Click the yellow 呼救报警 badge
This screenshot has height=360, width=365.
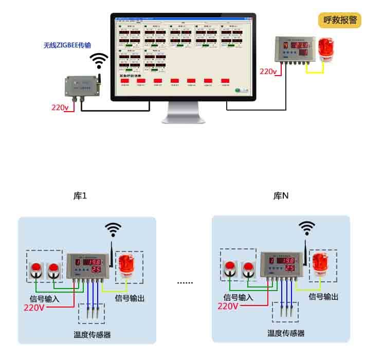340,20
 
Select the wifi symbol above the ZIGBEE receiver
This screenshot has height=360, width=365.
99,60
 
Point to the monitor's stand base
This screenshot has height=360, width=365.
183,119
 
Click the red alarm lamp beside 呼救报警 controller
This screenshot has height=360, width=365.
324,49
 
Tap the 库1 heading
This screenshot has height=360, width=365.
80,196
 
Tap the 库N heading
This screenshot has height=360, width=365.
281,196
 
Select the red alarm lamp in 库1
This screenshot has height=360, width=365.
128,267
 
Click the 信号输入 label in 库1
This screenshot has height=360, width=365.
45,298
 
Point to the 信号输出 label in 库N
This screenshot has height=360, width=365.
323,297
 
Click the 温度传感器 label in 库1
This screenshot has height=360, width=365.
92,335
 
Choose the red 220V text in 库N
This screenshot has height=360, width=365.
228,306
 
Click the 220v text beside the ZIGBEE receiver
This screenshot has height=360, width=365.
60,107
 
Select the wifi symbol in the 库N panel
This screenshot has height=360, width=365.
307,227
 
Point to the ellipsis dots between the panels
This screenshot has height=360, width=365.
185,282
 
